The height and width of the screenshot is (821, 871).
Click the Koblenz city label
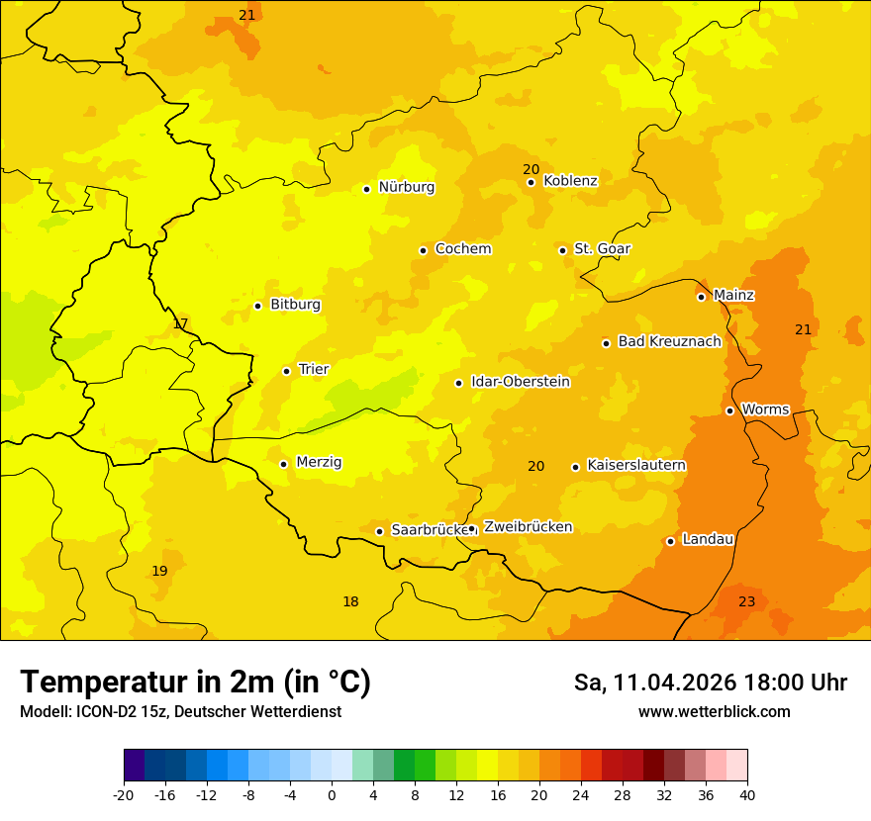(570, 181)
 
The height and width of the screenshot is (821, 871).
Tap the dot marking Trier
(286, 371)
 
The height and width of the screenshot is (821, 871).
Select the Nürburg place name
(406, 187)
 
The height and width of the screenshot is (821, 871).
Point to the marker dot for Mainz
(701, 297)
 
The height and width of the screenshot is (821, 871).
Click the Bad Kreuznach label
(669, 341)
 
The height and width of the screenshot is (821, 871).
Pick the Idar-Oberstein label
(521, 382)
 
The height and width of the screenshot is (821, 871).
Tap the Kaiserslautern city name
(636, 465)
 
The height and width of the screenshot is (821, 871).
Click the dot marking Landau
(670, 541)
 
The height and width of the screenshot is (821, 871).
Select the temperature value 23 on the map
(746, 601)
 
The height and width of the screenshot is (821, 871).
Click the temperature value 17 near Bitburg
(180, 323)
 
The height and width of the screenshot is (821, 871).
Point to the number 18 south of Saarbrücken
(350, 601)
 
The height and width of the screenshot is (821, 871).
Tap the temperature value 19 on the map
(159, 571)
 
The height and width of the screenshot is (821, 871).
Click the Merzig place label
(319, 462)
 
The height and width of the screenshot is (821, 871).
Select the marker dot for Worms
(729, 410)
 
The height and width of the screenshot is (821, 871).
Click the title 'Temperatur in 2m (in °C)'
(195, 682)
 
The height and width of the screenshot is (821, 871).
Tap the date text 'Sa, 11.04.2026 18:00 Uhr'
(710, 683)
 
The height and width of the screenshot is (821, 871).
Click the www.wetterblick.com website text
(714, 711)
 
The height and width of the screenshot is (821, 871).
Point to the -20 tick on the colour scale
(123, 794)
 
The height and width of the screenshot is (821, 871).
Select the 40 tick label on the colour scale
(747, 794)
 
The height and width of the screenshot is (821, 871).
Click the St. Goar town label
(602, 248)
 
